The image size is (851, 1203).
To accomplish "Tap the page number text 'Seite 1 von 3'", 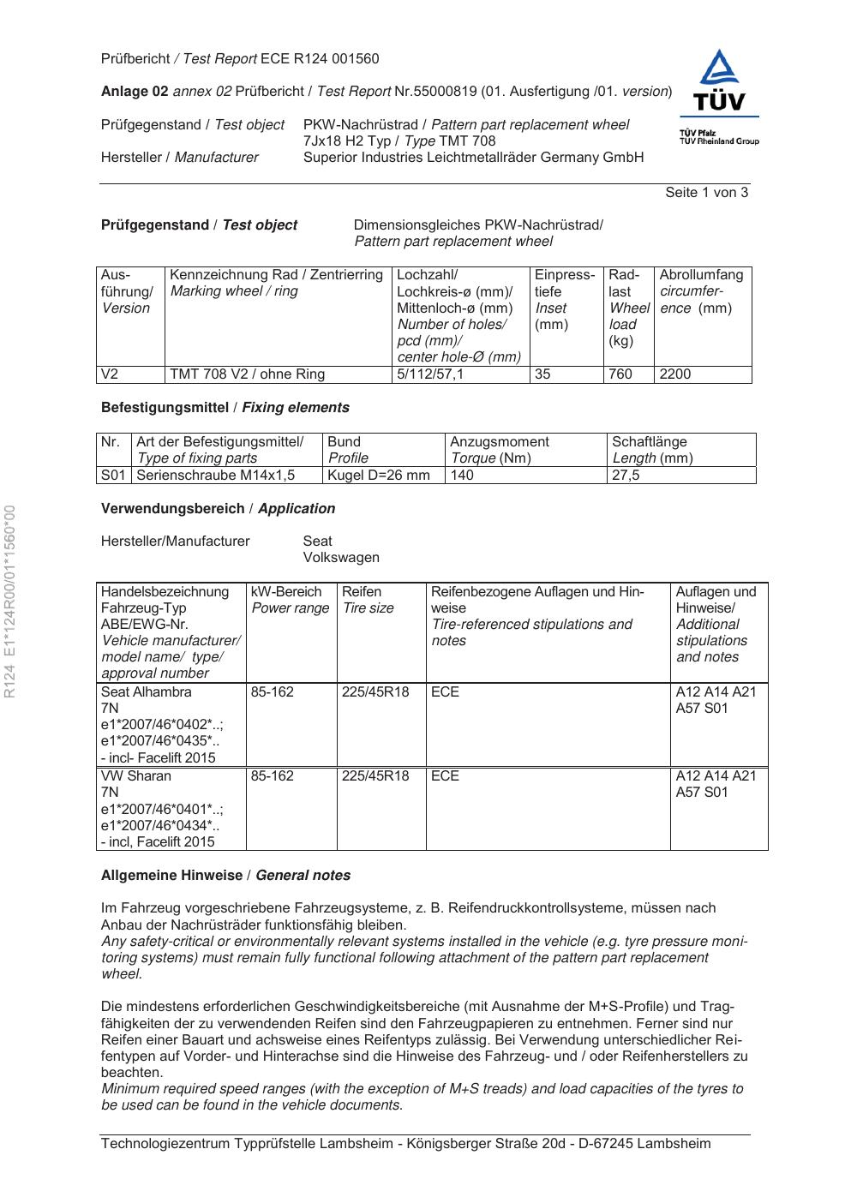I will (706, 193).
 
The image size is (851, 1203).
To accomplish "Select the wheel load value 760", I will (620, 374).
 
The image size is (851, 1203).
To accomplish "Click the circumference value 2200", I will (675, 374).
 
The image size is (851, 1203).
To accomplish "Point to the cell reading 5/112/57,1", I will (430, 374).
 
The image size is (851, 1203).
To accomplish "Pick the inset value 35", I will (542, 374).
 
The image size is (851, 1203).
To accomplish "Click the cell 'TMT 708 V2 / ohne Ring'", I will (248, 374).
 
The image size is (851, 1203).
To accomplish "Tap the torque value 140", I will (462, 475).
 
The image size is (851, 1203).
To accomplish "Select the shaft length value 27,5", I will (626, 475).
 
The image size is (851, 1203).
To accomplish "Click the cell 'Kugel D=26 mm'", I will (379, 475).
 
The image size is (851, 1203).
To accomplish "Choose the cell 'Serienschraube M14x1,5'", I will (216, 475).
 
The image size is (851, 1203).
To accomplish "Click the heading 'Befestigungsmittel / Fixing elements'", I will (225, 408).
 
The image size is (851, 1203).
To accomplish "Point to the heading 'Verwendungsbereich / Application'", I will (218, 509).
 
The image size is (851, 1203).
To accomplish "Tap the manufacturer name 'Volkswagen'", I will (341, 558).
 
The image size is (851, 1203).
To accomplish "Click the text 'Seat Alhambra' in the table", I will (147, 692).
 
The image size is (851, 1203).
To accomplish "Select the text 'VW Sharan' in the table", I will (136, 776).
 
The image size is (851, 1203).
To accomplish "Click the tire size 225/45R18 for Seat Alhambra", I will (375, 692).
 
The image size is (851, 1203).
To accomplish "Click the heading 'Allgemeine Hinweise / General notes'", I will (225, 876).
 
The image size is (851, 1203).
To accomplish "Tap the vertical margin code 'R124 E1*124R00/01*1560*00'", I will (10, 602).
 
